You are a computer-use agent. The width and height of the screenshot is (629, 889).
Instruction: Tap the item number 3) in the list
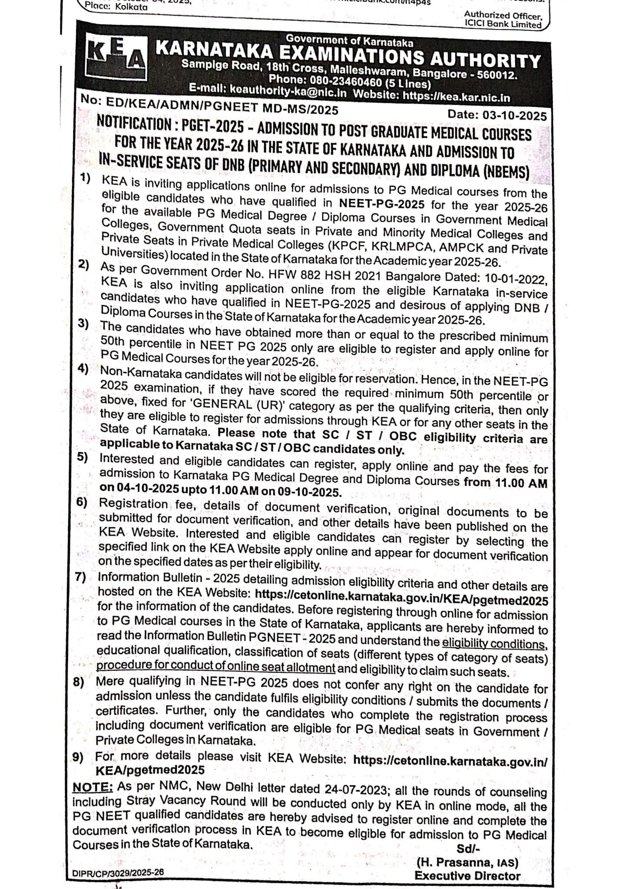point(84,324)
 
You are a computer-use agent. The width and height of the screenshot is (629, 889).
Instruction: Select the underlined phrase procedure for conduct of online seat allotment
point(215,667)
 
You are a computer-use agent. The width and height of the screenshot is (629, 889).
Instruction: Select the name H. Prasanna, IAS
point(467,861)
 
